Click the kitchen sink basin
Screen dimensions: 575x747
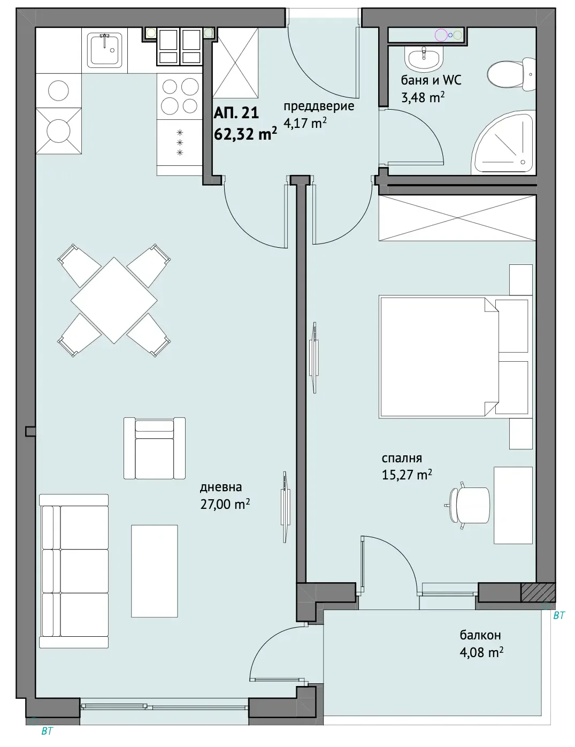(x=105, y=50)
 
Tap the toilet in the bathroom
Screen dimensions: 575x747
(x=511, y=74)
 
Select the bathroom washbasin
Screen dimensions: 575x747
(x=424, y=58)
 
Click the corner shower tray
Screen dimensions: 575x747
(x=504, y=142)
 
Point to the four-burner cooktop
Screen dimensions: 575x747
(x=180, y=96)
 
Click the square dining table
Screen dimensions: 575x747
(x=114, y=300)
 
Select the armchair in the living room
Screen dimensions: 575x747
(x=155, y=448)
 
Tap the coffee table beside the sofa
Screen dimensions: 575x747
(x=155, y=571)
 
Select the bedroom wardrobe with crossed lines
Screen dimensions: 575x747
(x=457, y=218)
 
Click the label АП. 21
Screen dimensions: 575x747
(x=236, y=113)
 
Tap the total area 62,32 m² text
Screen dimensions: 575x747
(x=246, y=134)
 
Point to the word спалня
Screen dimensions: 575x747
(x=402, y=458)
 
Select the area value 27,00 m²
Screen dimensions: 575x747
(x=225, y=504)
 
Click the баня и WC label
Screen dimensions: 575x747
(x=431, y=80)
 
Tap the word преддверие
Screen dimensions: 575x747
(x=319, y=106)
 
